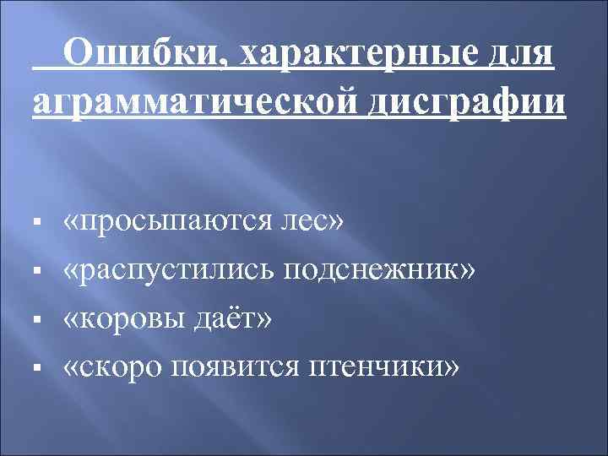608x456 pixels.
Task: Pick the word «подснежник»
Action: (380, 272)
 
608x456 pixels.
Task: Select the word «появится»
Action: (238, 368)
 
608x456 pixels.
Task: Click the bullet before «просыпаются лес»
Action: (41, 225)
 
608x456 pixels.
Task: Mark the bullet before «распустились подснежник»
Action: (41, 274)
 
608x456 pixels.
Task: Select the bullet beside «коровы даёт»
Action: (41, 322)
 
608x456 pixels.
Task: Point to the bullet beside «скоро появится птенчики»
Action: (41, 370)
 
